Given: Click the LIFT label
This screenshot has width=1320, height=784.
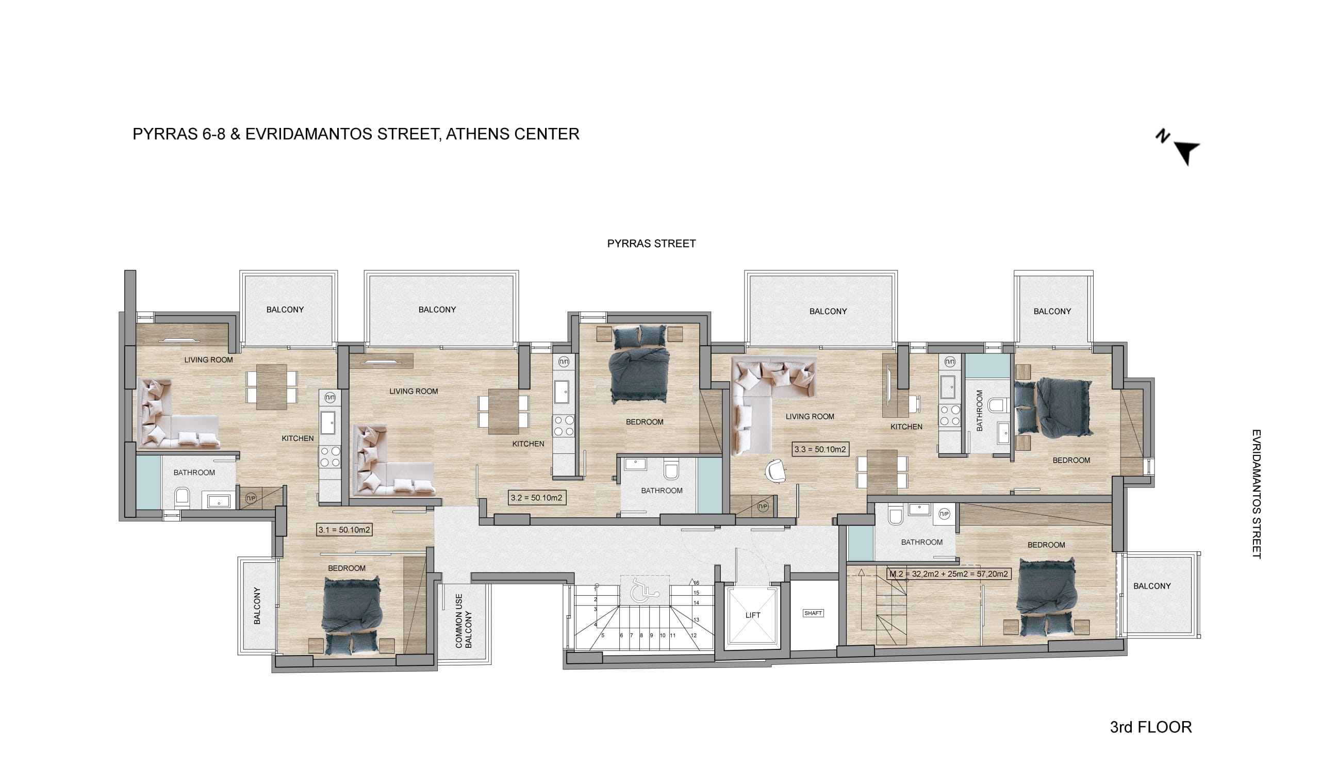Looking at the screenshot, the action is (x=752, y=615).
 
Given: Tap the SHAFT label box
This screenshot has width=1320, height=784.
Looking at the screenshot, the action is (x=813, y=613).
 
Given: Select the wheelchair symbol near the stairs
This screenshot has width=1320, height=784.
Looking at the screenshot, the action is (x=645, y=591).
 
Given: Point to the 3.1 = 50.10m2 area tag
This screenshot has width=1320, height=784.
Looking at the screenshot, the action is (x=344, y=529).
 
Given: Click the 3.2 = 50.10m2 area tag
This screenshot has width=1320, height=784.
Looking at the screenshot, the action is (x=536, y=497).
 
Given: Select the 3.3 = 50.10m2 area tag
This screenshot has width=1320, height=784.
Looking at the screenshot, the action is (x=819, y=449).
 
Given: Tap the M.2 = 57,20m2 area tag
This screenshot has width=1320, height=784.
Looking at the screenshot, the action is (x=948, y=573).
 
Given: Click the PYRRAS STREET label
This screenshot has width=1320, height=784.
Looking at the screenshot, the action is (x=651, y=243).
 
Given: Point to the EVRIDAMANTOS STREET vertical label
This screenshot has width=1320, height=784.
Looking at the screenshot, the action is (x=1257, y=494).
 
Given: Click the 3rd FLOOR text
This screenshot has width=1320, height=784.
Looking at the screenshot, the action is (x=1151, y=727).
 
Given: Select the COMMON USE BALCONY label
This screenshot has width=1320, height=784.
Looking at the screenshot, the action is (x=464, y=622).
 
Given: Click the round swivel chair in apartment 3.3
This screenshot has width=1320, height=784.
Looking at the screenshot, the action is (x=775, y=471).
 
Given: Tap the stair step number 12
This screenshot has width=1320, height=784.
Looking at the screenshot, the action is (x=694, y=635).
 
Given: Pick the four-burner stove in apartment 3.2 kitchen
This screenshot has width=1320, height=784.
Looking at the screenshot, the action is (x=564, y=426).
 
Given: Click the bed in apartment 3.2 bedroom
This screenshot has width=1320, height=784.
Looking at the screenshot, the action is (x=639, y=365).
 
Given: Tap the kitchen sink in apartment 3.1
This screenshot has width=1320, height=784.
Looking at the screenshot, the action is (x=327, y=422).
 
